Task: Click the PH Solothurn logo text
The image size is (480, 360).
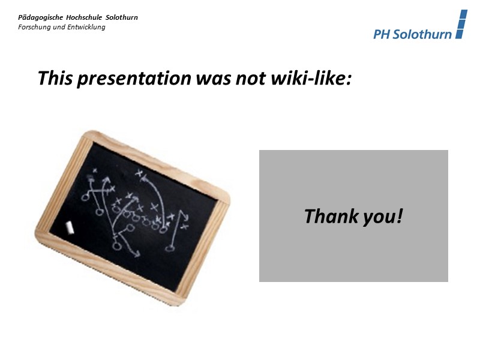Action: [412, 34]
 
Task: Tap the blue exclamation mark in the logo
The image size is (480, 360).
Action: [460, 25]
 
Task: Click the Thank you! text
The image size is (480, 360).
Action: [353, 215]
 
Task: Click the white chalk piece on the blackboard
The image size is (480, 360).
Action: [69, 227]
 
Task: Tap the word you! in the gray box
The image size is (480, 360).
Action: [382, 216]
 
